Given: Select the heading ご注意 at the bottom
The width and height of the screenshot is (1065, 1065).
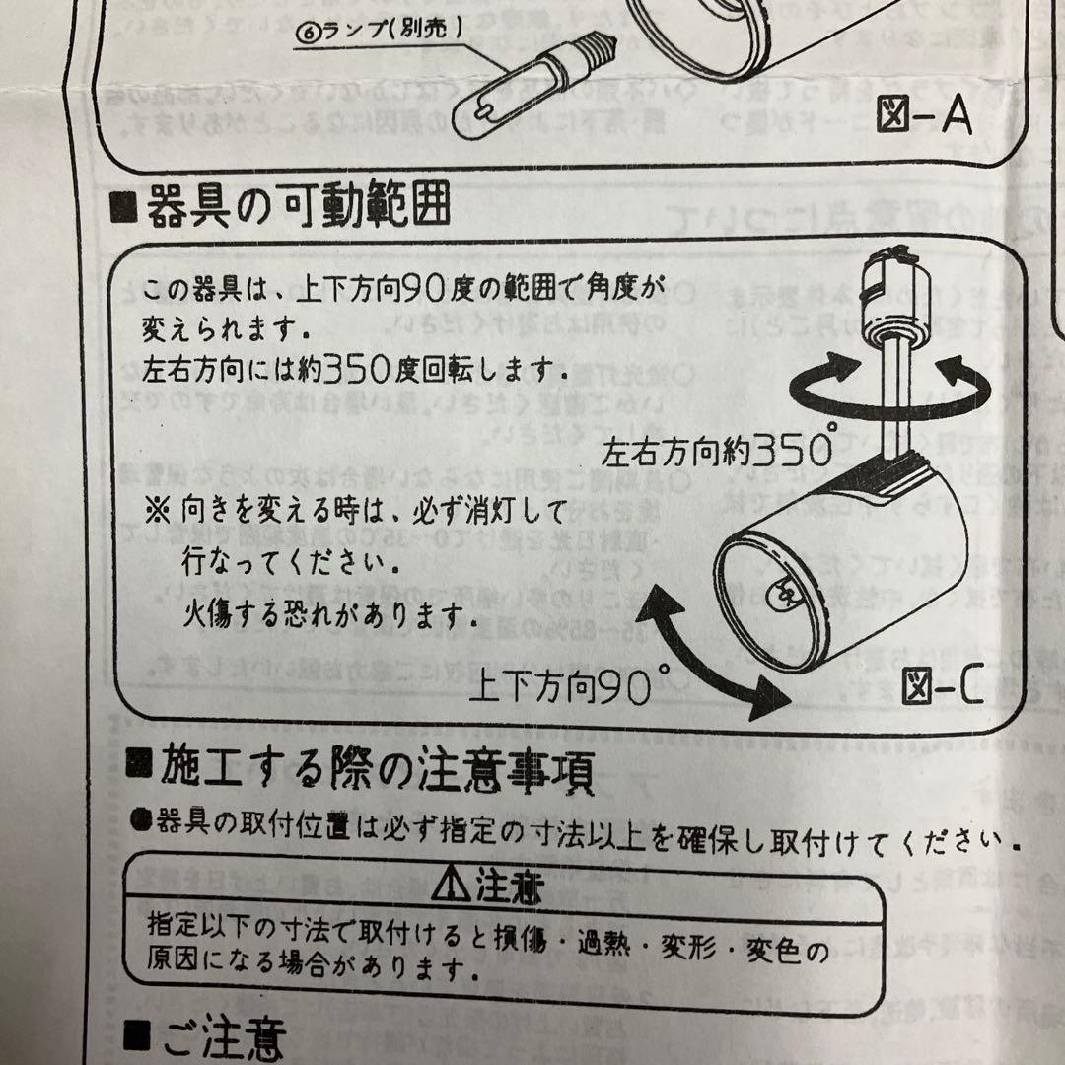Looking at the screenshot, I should pos(221,1037).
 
